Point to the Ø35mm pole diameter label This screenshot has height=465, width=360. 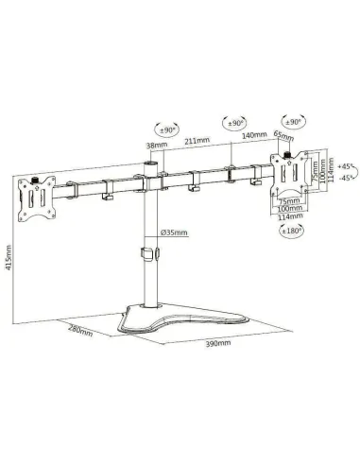click(x=174, y=232)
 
